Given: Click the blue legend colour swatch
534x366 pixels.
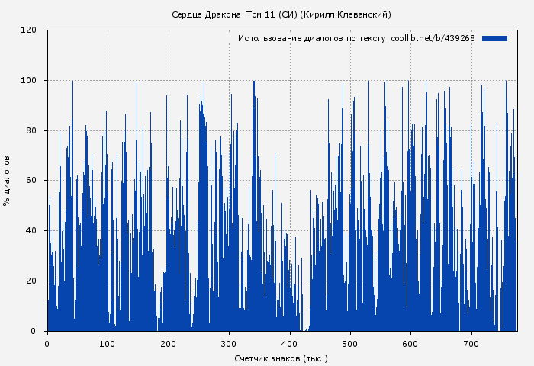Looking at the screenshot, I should point(494,38).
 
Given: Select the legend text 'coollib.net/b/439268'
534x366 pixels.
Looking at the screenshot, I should point(433,38).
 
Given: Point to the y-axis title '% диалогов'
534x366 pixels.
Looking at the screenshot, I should point(7,181).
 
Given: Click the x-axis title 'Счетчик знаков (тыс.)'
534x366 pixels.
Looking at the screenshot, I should point(281,358).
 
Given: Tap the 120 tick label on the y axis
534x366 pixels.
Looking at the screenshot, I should point(29,30).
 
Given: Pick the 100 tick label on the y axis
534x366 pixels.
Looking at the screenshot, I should point(29,81).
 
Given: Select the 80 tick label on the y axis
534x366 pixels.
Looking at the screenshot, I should point(31,130).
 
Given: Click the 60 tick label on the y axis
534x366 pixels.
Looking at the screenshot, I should point(31,181).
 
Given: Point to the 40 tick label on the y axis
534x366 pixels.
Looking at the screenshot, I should point(31,231).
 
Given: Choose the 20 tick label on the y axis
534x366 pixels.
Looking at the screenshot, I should point(31,281).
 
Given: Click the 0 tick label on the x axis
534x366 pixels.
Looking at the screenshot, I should point(47,344).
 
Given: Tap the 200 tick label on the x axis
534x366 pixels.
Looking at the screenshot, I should point(168,344).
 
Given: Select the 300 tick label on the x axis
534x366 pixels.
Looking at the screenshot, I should point(229,344).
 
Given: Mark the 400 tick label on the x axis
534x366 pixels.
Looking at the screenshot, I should point(289,344).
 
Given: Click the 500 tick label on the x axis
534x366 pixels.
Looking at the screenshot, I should point(350,344).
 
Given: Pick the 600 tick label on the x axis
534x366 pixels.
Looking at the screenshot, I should point(410,344).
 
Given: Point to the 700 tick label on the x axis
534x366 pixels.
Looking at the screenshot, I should point(471,344).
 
